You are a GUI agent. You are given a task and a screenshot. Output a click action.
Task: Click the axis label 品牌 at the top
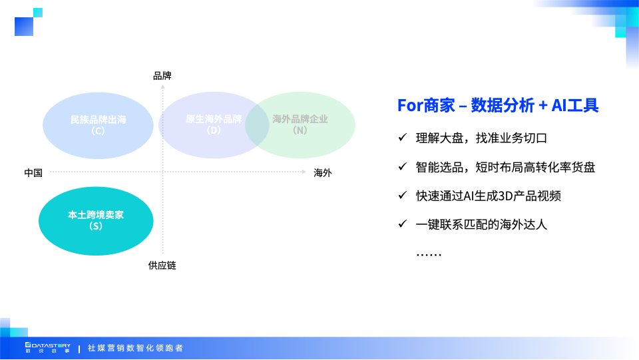tap(162, 76)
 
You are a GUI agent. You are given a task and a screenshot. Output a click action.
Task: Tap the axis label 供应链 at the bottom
tap(162, 266)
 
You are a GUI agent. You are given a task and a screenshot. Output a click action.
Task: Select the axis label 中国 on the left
tap(33, 173)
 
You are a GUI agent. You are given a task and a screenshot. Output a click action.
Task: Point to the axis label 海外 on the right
tap(323, 173)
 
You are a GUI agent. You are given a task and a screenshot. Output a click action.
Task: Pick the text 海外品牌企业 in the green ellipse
tap(300, 119)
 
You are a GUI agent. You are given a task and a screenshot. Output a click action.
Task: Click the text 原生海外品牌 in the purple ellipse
tap(214, 119)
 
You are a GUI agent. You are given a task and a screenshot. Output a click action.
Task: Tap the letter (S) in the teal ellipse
tap(96, 226)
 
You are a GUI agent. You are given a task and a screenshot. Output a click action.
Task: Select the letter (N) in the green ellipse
tap(300, 130)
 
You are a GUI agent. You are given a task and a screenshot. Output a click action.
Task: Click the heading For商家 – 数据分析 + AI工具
tap(498, 105)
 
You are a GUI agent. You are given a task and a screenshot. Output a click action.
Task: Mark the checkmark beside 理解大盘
tap(402, 138)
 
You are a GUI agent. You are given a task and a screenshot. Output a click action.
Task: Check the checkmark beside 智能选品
tap(402, 167)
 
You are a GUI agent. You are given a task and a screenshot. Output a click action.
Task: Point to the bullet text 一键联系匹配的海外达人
tap(481, 224)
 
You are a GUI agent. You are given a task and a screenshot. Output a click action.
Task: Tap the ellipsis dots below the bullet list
tap(429, 254)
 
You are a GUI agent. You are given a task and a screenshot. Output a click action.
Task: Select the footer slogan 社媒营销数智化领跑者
tap(135, 348)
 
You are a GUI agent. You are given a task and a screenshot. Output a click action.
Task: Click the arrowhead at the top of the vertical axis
tap(162, 87)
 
